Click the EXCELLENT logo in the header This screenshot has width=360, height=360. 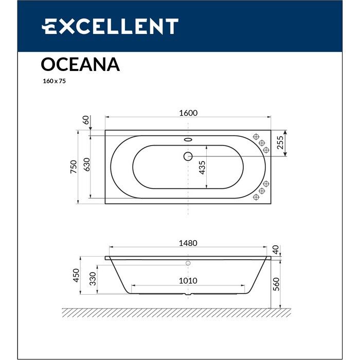coord(110,26)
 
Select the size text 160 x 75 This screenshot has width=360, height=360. coord(53,81)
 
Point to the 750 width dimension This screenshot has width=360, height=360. coord(74,166)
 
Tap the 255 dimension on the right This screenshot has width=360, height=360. coord(281,142)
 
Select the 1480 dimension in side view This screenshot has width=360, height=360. coord(189,243)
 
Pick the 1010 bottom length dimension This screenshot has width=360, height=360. coord(188,281)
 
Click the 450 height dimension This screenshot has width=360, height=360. coord(76,277)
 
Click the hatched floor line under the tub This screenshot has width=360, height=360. coord(175,312)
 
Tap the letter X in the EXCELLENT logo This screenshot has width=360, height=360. coord(65,26)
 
